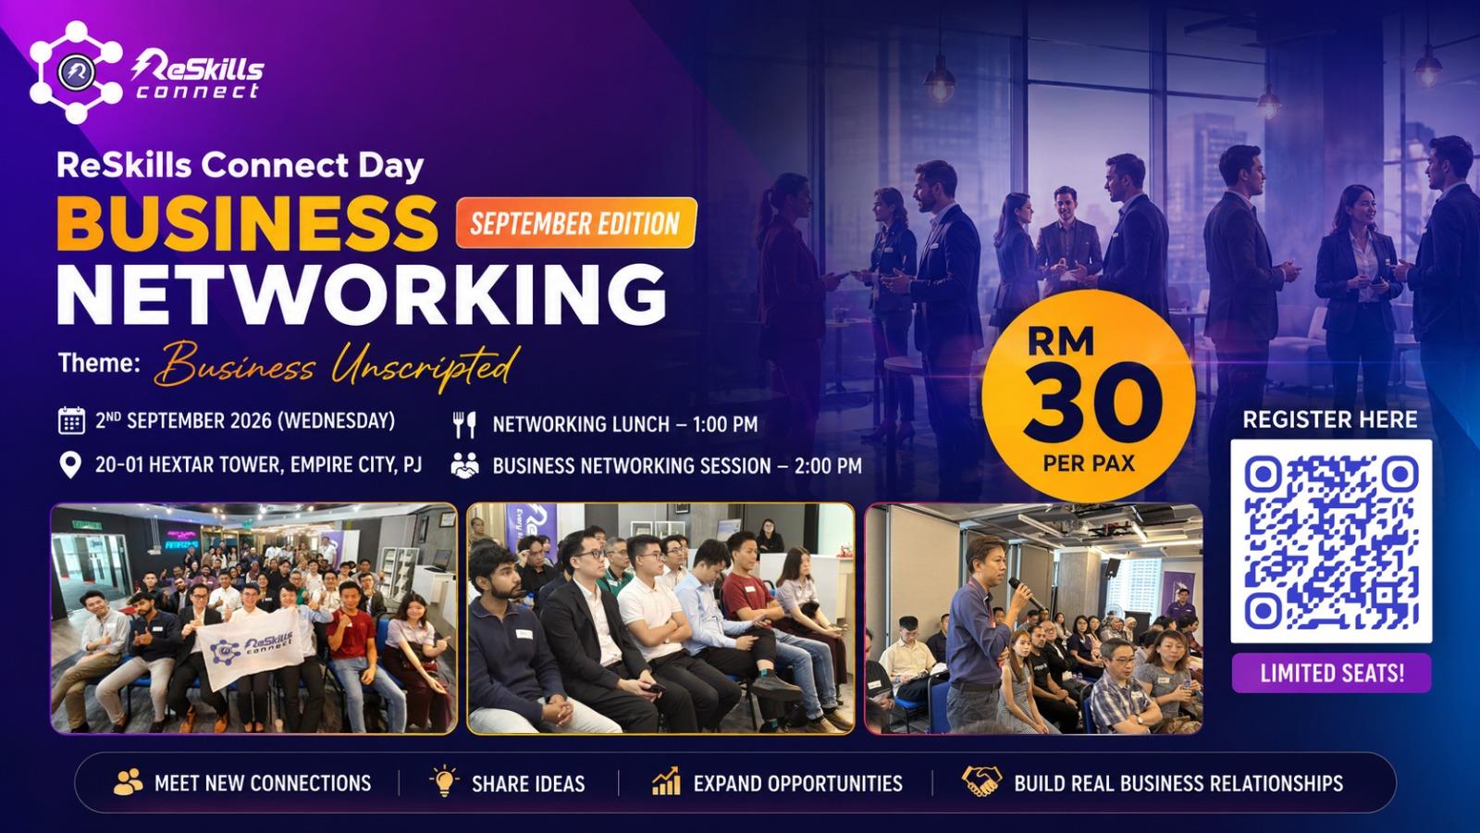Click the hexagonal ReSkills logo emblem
pyautogui.click(x=75, y=71)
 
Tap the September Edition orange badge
pyautogui.click(x=576, y=223)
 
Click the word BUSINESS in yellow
pyautogui.click(x=247, y=223)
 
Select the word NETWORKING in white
pyautogui.click(x=362, y=294)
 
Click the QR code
pyautogui.click(x=1331, y=541)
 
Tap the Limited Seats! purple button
pyautogui.click(x=1331, y=673)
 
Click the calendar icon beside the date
pyautogui.click(x=71, y=420)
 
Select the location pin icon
pyautogui.click(x=70, y=465)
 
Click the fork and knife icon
pyautogui.click(x=464, y=425)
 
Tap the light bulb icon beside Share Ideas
pyautogui.click(x=444, y=781)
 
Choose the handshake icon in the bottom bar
pyautogui.click(x=981, y=781)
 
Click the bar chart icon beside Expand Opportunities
pyautogui.click(x=665, y=781)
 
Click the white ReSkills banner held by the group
pyautogui.click(x=251, y=647)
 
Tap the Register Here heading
pyautogui.click(x=1330, y=420)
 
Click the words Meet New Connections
pyautogui.click(x=263, y=783)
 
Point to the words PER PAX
pyautogui.click(x=1089, y=464)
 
